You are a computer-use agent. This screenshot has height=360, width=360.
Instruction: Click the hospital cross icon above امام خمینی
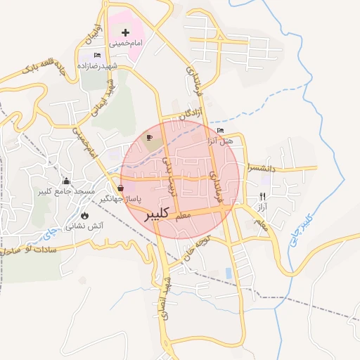coord(126,32)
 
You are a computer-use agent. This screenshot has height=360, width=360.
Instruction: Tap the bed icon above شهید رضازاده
coord(98,55)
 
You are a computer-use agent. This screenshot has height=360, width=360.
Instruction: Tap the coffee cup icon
coord(149,136)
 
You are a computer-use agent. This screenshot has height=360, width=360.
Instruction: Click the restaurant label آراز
coord(262,210)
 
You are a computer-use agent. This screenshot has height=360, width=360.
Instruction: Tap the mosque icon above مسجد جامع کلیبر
coord(67,181)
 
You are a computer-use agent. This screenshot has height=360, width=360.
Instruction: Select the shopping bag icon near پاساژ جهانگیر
coord(122,188)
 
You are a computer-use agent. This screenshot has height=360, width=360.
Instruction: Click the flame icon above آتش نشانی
coord(85,216)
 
